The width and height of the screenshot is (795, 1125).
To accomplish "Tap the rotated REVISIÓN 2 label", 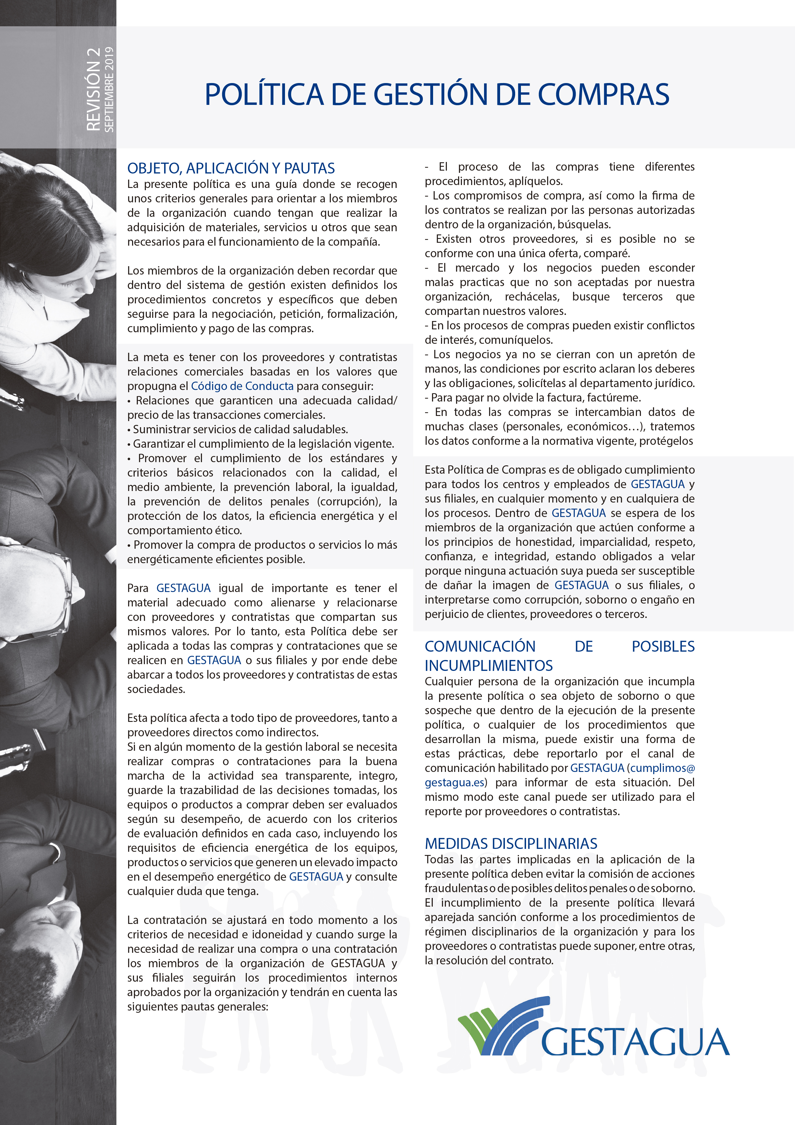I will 93,89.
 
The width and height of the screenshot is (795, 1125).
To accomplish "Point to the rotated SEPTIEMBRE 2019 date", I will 109,89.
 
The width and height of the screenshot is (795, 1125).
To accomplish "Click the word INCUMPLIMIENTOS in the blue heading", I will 488,665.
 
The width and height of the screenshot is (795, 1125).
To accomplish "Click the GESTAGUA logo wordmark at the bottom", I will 635,1042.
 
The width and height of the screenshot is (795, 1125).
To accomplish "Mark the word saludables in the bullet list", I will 319,429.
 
